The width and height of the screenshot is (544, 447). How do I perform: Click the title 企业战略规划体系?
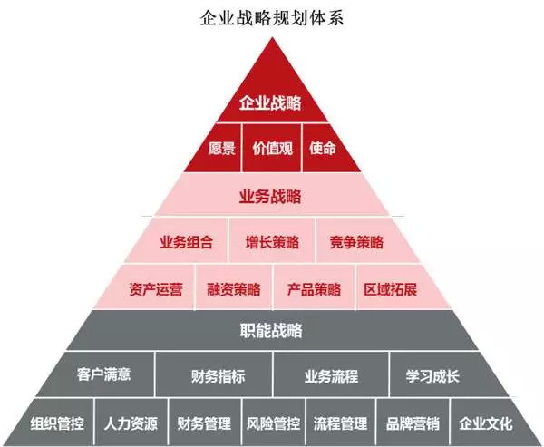[x=271, y=15]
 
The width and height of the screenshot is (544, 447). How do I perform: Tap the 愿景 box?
[x=222, y=148]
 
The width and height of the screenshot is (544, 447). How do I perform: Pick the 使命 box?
[x=321, y=148]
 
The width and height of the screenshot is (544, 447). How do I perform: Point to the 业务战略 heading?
[x=270, y=195]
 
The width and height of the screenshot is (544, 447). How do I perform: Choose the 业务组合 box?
[x=186, y=242]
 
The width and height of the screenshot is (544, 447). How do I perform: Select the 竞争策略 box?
[x=356, y=242]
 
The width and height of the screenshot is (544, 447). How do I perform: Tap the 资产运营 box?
[x=155, y=290]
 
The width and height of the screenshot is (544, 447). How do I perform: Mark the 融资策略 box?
[x=233, y=290]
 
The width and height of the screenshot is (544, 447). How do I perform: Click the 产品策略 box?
[x=314, y=290]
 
